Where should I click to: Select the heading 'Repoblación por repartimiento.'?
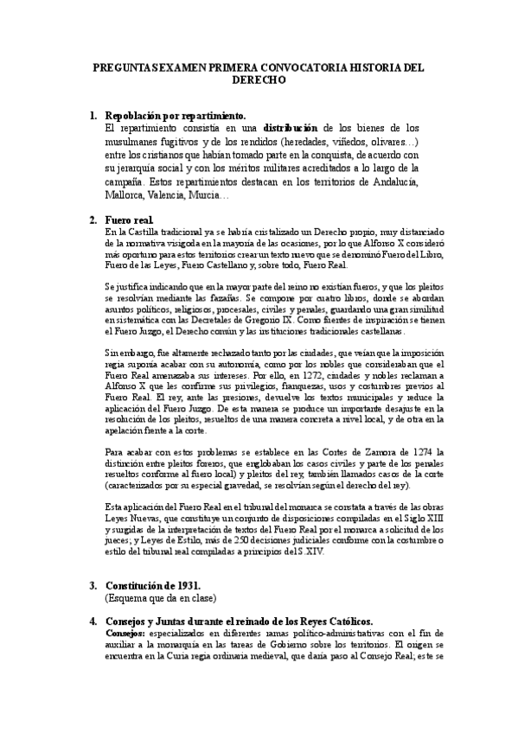pyautogui.click(x=175, y=115)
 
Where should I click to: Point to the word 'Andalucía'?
pyautogui.click(x=389, y=182)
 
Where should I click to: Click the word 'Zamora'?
pyautogui.click(x=363, y=451)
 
